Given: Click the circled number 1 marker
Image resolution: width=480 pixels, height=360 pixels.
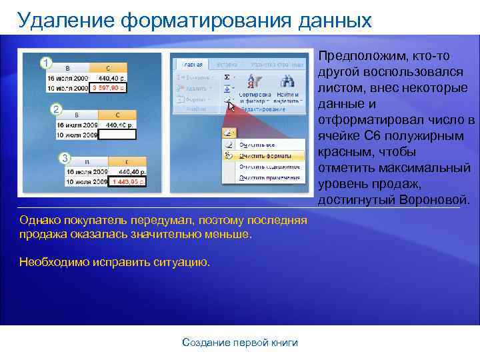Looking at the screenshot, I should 45,63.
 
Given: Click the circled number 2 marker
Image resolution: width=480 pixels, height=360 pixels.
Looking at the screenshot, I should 57,109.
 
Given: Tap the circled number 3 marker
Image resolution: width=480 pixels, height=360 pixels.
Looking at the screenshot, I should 65,157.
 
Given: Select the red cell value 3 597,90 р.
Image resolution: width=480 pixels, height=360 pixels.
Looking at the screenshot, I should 108,88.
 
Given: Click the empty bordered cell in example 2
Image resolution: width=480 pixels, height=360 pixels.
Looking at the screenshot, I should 117,134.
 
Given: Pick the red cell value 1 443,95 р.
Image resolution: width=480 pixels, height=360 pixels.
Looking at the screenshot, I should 128,181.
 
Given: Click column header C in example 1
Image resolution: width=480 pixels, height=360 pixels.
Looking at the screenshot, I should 108,68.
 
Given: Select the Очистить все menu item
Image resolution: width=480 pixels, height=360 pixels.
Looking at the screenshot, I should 257,143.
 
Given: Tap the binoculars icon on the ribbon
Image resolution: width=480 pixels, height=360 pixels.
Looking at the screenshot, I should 287,81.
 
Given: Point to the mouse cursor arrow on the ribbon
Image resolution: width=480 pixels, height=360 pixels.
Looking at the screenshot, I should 231,105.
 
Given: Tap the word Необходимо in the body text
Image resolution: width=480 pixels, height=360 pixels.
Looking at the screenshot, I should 52,262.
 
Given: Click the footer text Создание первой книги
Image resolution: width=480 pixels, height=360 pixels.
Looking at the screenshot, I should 240,343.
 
